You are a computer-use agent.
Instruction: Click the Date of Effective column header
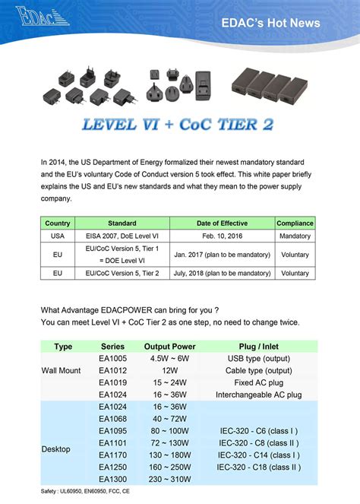click(x=222, y=223)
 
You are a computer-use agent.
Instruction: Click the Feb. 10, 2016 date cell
click(x=222, y=236)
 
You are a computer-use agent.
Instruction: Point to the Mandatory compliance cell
click(x=295, y=236)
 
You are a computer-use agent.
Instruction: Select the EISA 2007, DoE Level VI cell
click(x=122, y=236)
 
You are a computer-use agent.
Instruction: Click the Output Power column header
click(x=166, y=347)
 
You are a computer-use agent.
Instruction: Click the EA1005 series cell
click(x=113, y=358)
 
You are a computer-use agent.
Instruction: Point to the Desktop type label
click(x=57, y=449)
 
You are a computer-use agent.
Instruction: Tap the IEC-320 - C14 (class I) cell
click(x=258, y=455)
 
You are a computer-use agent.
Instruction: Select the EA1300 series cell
click(x=113, y=480)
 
